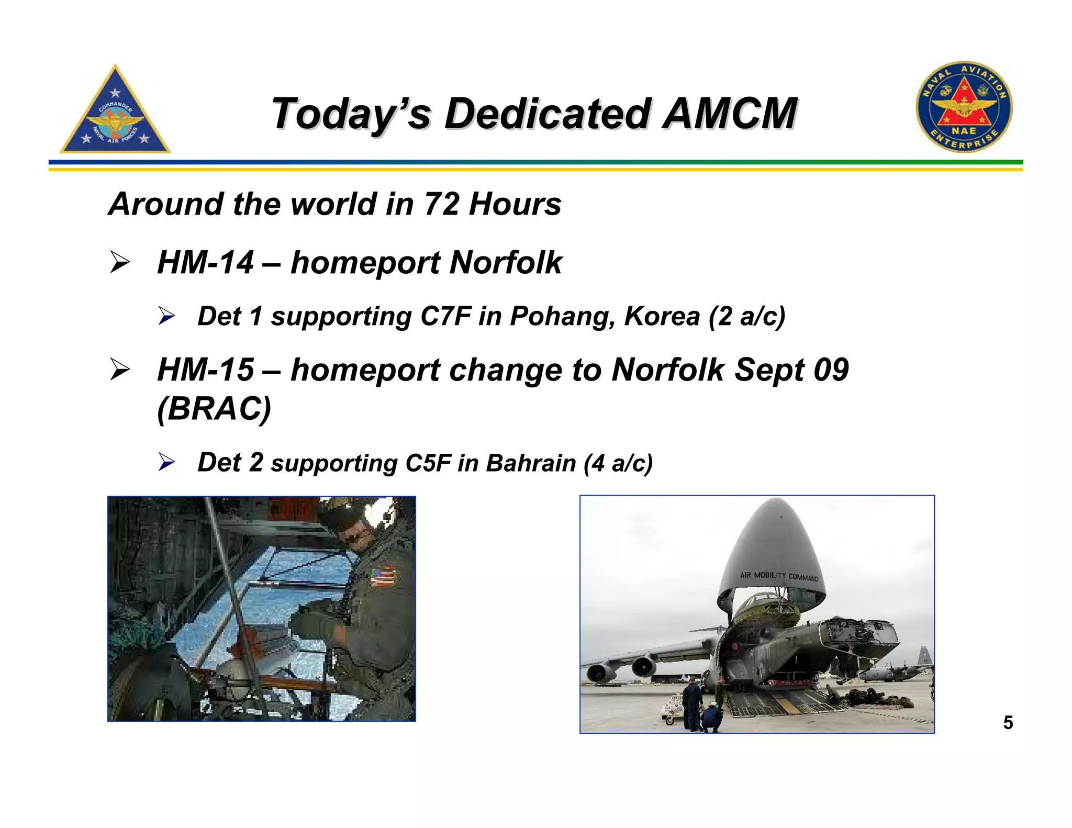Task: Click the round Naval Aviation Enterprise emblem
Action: coord(964,107)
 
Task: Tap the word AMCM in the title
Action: coord(730,114)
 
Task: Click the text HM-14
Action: coord(205,262)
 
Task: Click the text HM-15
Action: coord(205,370)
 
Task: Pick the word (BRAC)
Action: coord(214,408)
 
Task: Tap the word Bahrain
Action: coord(531,463)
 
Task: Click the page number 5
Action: coord(1008,723)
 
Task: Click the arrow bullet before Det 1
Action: coord(166,316)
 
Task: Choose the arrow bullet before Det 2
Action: coord(166,462)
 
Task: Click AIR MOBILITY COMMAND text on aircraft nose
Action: coord(778,576)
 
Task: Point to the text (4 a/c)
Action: coord(618,463)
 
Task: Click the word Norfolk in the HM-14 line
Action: coord(506,262)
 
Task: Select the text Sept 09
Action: coord(791,370)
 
